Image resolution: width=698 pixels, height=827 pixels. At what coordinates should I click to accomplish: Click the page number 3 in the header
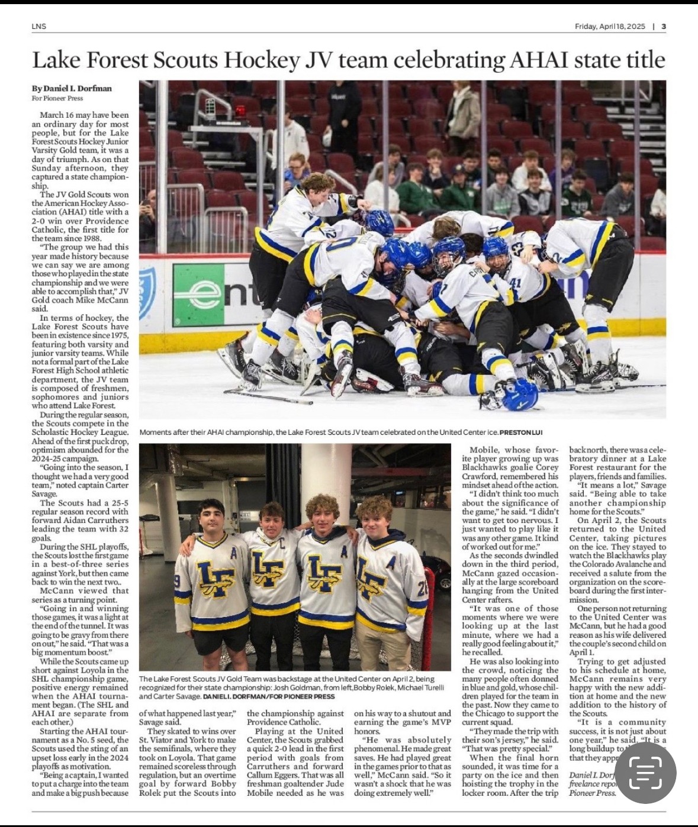[x=664, y=26]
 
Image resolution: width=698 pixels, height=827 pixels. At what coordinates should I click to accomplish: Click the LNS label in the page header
[x=39, y=26]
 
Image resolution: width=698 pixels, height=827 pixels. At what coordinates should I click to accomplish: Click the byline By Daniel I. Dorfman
[x=72, y=89]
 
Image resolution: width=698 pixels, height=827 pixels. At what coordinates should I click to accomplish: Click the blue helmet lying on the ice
[x=519, y=395]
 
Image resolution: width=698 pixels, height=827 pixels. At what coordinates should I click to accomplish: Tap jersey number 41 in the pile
[x=515, y=282]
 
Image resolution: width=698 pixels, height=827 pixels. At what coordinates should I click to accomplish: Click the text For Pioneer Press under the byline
[x=57, y=98]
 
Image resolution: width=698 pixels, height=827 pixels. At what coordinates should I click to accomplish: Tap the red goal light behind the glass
[x=240, y=111]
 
